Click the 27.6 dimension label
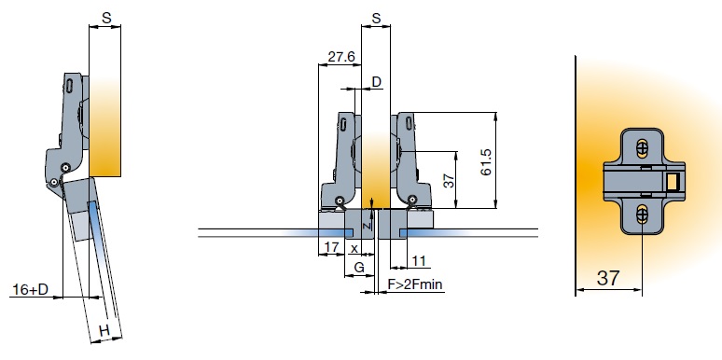coord(341,57)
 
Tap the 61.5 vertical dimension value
coord(486,162)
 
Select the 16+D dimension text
coord(30,289)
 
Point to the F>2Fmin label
coord(415,284)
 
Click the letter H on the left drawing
coord(105,330)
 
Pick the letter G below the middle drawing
coord(359,268)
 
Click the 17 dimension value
coord(331,248)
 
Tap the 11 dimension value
coord(419,261)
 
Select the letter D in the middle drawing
coord(377,82)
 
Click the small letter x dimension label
coord(354,249)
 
